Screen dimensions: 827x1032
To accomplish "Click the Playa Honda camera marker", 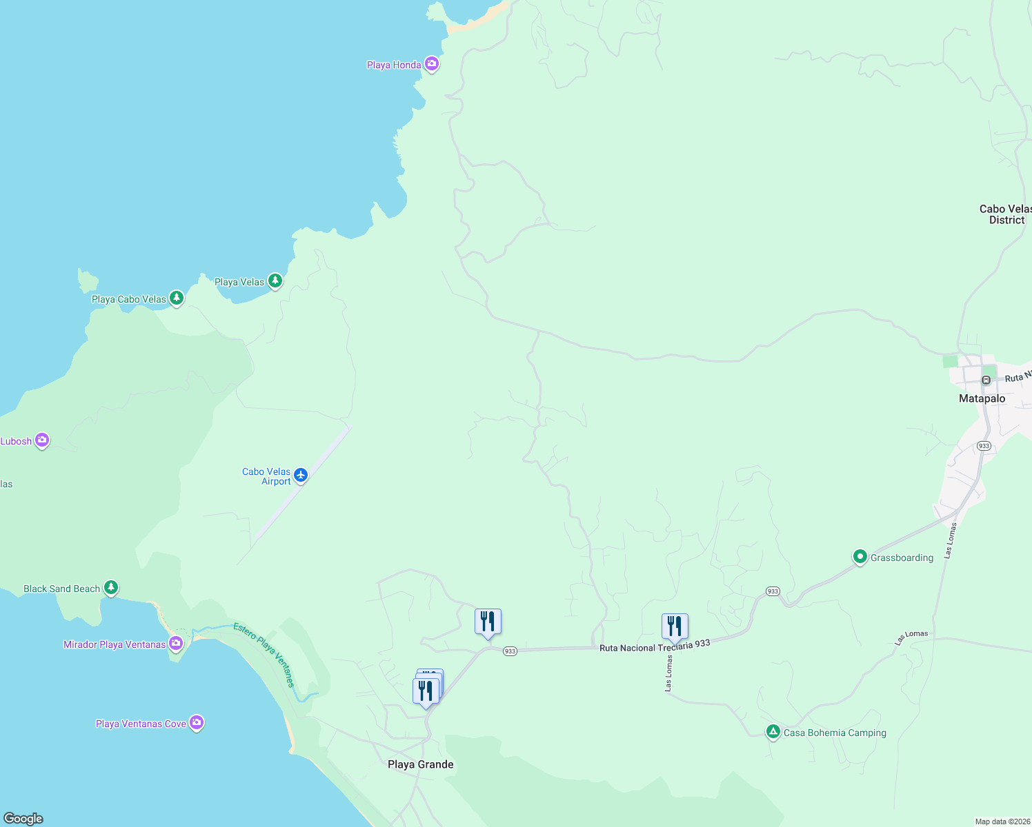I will click(x=432, y=64).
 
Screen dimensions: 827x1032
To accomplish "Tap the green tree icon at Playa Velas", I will click(x=275, y=280).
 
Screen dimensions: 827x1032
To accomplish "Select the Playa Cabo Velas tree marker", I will click(x=177, y=298).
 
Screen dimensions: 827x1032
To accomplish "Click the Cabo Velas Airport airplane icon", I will click(x=300, y=475).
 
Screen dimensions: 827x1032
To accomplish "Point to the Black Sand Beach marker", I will click(x=111, y=588).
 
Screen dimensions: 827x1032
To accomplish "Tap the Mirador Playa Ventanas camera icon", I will click(x=176, y=644).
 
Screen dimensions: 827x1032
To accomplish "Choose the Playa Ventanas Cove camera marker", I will click(x=197, y=722).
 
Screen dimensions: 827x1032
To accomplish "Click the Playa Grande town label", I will click(x=420, y=764).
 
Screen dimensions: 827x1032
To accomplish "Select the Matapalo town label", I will click(x=982, y=398).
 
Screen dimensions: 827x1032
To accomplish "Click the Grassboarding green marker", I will click(x=860, y=556).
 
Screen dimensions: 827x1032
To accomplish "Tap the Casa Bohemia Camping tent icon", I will click(x=773, y=732).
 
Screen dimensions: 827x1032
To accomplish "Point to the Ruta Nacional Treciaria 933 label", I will click(x=655, y=646).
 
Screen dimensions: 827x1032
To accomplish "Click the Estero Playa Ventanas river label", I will click(x=265, y=654).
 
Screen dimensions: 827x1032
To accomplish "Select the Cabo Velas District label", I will click(x=1006, y=214).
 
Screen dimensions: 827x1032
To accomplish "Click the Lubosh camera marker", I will click(x=42, y=440).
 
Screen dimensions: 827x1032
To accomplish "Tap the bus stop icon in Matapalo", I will click(x=986, y=380).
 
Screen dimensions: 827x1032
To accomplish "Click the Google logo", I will click(x=23, y=819).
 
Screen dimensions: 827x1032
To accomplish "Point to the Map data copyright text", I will click(x=1002, y=821).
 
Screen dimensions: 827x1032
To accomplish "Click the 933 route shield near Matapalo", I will click(x=984, y=446).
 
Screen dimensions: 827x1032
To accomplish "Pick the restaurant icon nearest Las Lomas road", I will click(x=675, y=626).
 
